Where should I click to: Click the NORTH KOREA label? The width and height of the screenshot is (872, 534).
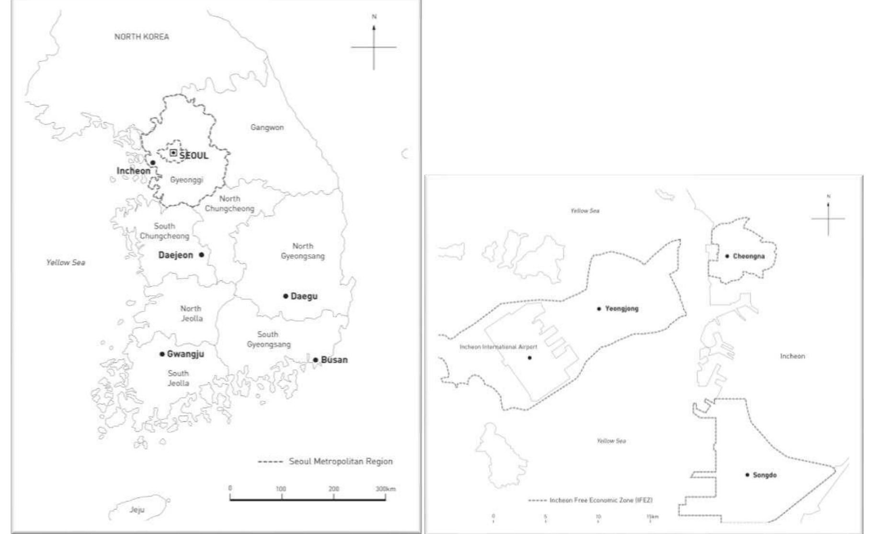[x=141, y=36]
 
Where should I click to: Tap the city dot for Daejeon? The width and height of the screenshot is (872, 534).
[x=201, y=255]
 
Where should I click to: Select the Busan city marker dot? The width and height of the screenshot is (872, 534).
[x=315, y=360]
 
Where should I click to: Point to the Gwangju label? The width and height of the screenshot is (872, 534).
[x=185, y=354]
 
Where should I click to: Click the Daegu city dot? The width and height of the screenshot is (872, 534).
[x=286, y=296]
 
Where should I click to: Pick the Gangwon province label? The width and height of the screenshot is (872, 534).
[x=267, y=128]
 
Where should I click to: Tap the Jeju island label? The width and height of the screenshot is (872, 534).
[x=137, y=510]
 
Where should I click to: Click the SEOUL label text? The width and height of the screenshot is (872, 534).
[x=194, y=155]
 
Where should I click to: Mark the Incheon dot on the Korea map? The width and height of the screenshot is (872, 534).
[x=153, y=163]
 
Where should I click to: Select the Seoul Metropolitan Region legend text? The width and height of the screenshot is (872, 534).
[x=341, y=461]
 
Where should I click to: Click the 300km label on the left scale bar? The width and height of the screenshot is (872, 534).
[x=386, y=489]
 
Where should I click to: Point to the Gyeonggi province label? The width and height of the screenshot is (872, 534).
[x=186, y=180]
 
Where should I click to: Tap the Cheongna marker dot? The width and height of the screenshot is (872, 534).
[x=727, y=256]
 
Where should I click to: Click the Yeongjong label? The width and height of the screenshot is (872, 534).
[x=621, y=309]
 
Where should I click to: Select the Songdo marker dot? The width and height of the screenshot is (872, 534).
[x=747, y=475]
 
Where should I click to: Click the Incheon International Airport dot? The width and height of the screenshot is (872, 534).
[x=529, y=358]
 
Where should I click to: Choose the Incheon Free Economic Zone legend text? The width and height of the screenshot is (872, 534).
[x=601, y=500]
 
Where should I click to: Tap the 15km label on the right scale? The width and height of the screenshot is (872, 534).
[x=652, y=517]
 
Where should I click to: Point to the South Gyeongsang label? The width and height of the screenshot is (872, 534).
[x=268, y=339]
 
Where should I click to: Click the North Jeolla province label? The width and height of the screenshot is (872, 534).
[x=191, y=313]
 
